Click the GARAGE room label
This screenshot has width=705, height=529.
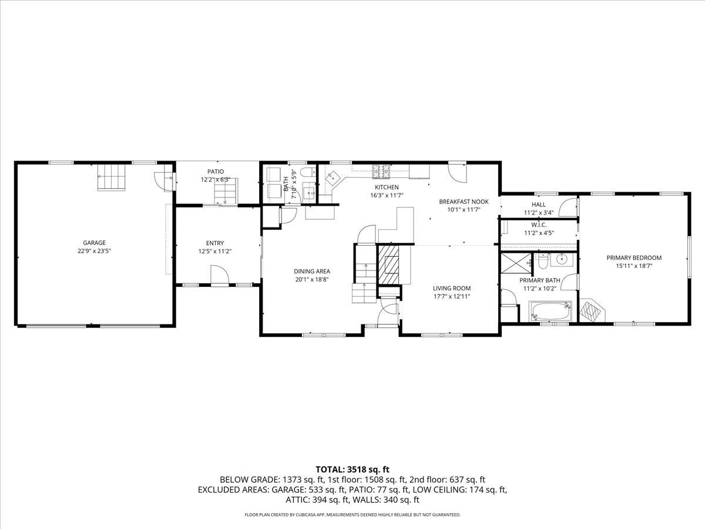click(94, 242)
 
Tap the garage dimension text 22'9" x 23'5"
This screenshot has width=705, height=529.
click(94, 250)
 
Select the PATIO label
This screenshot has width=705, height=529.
click(216, 172)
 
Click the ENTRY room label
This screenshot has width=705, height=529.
click(215, 243)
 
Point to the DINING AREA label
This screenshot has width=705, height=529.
click(312, 271)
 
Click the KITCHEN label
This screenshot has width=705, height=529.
click(387, 187)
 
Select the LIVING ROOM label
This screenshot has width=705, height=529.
click(452, 288)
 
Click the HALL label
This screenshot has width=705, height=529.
click(539, 205)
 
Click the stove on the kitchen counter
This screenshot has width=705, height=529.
click(381, 171)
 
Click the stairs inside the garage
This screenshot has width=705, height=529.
click(112, 177)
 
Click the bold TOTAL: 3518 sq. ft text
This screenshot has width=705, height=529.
click(352, 469)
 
